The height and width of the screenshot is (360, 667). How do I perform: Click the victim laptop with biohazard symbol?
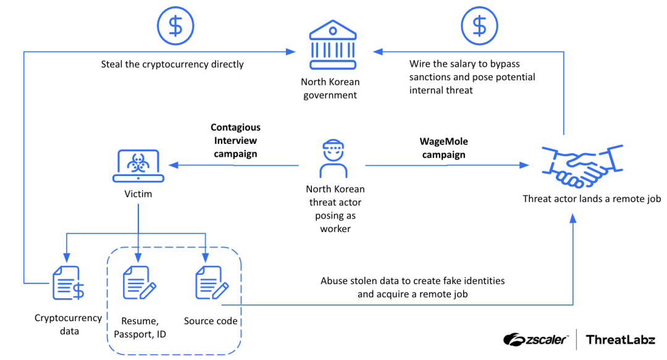pos(138,165)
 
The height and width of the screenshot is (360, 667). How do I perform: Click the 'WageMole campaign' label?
pos(444,149)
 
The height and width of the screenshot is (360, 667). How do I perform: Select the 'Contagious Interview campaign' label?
pos(235,141)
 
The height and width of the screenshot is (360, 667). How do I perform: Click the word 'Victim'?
pos(138,194)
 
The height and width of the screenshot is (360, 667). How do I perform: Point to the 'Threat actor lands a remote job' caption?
pos(592,199)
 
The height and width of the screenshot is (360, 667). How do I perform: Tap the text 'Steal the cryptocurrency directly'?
pos(172,64)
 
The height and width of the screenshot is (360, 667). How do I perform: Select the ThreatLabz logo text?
pos(619,339)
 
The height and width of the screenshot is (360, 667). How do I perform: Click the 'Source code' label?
pos(211,321)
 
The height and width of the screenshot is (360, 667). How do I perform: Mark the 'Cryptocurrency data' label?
pos(68,324)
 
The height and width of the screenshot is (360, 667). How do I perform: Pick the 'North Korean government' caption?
pos(330,88)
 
